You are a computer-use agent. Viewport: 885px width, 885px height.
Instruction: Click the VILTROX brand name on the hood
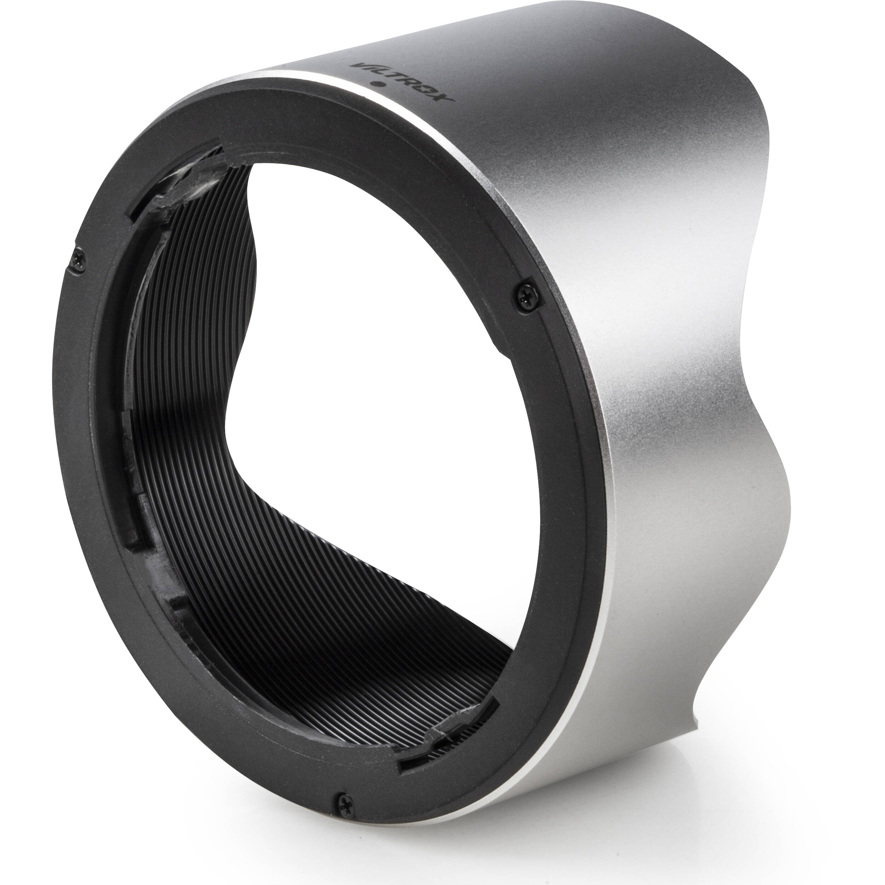(402, 83)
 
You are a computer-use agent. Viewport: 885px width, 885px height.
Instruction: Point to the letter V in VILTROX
(359, 67)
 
